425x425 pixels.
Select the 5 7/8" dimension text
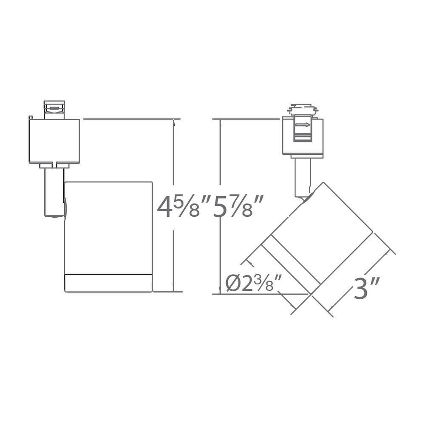tap(235, 207)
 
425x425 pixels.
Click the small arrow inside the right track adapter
tap(303, 125)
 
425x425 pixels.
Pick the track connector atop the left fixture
tap(54, 109)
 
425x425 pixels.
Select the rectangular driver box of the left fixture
tap(54, 141)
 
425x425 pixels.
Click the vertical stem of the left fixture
tap(54, 191)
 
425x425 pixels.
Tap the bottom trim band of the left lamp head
tap(108, 283)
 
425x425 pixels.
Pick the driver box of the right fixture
tap(303, 136)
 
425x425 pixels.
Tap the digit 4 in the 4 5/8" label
tap(165, 208)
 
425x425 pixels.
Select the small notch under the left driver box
tap(56, 163)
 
